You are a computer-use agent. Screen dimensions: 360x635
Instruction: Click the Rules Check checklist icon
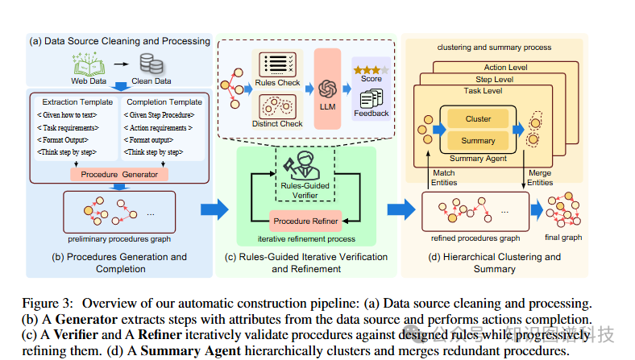coord(277,64)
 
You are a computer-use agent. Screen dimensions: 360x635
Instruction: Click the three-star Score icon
coord(371,69)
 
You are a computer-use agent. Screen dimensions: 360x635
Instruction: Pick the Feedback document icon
coord(371,99)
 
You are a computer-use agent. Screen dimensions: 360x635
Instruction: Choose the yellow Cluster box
coord(479,119)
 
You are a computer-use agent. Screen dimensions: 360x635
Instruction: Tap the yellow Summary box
coord(479,140)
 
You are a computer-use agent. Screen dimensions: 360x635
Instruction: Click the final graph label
coord(563,238)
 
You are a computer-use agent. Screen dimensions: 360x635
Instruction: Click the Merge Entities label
coord(540,177)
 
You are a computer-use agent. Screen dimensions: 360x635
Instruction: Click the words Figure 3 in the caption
coord(55,304)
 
